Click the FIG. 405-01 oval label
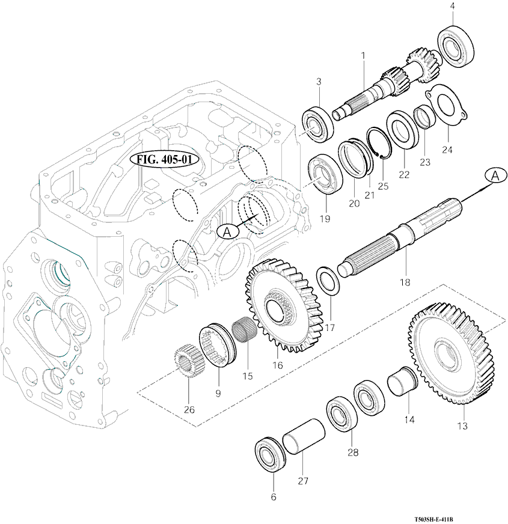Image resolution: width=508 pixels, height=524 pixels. click(164, 160)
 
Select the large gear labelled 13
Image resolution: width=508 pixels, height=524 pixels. click(451, 355)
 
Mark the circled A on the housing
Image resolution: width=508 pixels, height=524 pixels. click(228, 231)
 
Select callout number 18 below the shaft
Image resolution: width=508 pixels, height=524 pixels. click(405, 281)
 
